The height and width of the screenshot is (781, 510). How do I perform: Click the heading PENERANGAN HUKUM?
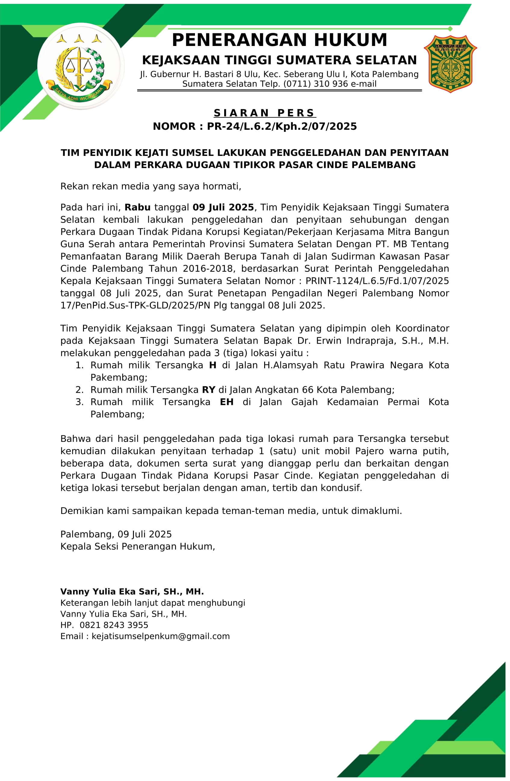(x=279, y=40)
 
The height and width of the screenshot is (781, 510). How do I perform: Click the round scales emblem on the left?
(x=81, y=66)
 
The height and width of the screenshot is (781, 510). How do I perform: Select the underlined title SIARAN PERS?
(x=264, y=113)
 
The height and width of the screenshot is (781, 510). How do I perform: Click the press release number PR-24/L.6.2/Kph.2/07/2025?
(x=282, y=126)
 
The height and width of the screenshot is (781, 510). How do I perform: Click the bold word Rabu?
(x=138, y=207)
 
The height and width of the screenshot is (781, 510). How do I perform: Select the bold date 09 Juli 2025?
(x=223, y=207)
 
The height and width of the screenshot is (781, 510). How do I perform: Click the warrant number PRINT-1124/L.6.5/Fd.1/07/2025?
(x=377, y=281)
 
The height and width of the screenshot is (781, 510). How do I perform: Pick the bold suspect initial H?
(x=213, y=365)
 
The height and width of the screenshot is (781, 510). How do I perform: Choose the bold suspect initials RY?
(x=208, y=390)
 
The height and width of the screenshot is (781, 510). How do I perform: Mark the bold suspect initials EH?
(x=226, y=402)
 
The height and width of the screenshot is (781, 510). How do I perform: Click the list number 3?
(x=79, y=402)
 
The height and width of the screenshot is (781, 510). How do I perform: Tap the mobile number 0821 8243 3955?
(x=114, y=625)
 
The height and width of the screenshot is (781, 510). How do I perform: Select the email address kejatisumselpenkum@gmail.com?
(x=160, y=636)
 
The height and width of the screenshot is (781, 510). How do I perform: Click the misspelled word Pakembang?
(x=119, y=377)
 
